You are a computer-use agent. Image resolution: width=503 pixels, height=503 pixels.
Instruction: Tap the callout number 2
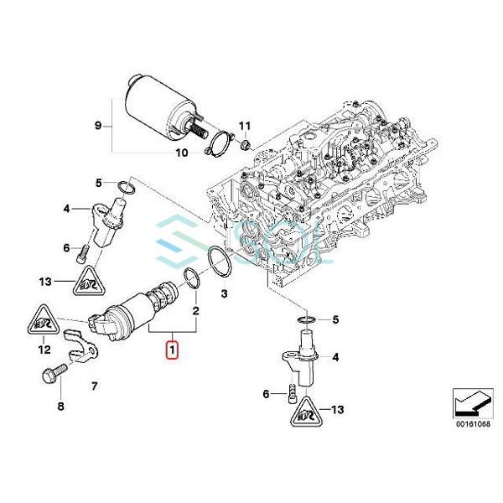[x=194, y=309]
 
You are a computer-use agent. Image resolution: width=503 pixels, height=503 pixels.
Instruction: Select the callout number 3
[x=223, y=293]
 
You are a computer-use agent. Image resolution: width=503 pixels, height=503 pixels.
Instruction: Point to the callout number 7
[x=94, y=386]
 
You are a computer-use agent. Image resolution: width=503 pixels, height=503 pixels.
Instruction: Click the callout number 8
[x=60, y=407]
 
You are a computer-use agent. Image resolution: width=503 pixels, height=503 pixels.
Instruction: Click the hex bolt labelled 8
[x=49, y=376]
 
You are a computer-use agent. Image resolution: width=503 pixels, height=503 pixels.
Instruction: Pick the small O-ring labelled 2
[x=191, y=278]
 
